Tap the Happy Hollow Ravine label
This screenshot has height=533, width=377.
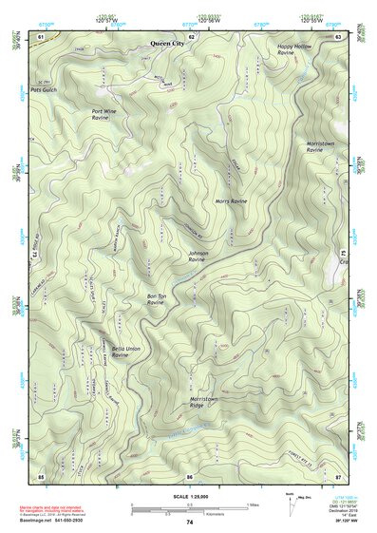pyautogui.click(x=293, y=48)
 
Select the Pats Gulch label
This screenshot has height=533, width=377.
pyautogui.click(x=44, y=90)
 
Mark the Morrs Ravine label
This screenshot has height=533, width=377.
pyautogui.click(x=231, y=202)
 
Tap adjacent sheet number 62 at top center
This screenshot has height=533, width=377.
pyautogui.click(x=191, y=35)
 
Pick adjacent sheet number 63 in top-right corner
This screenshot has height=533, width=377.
pyautogui.click(x=339, y=35)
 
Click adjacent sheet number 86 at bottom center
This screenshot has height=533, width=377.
pyautogui.click(x=190, y=474)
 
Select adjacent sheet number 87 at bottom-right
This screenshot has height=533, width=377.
pyautogui.click(x=339, y=474)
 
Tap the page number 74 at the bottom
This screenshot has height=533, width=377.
pyautogui.click(x=189, y=523)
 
